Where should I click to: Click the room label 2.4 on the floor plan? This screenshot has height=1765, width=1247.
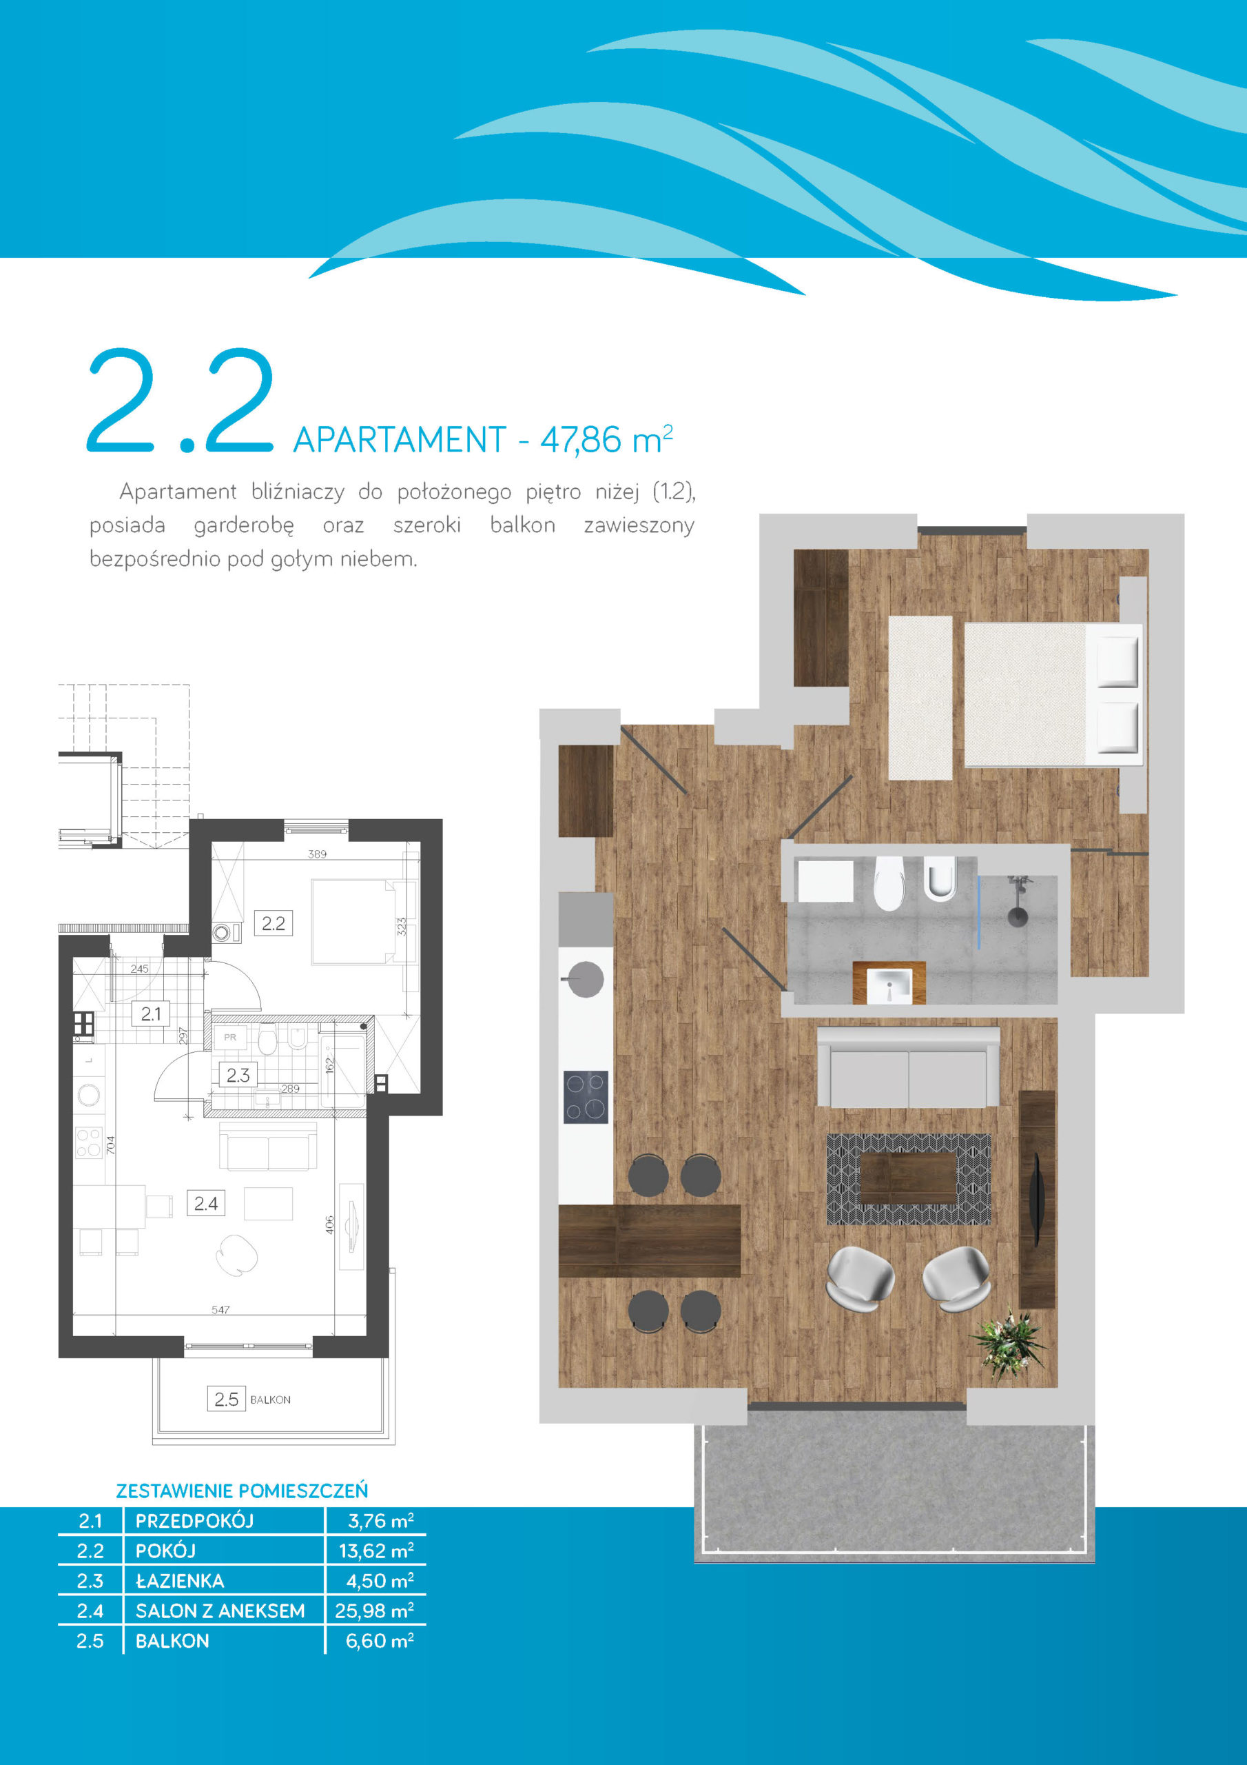click(206, 1203)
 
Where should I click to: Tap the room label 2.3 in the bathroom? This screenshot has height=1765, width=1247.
click(238, 1075)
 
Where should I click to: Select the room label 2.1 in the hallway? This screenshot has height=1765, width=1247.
click(151, 1014)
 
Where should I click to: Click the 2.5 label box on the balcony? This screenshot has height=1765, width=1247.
click(226, 1399)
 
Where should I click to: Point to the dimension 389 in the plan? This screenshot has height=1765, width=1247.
click(318, 854)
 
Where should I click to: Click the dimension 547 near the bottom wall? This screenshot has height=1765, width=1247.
click(220, 1310)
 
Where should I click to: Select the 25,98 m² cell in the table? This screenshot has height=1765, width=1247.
click(374, 1611)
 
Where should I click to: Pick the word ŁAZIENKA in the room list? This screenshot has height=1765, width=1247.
click(180, 1580)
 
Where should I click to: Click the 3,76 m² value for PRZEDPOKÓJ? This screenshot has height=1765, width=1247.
click(381, 1520)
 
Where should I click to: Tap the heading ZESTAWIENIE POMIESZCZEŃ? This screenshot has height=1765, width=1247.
click(242, 1491)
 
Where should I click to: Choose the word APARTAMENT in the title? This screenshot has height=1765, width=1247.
click(400, 441)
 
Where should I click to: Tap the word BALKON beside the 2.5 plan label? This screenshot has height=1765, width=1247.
click(271, 1400)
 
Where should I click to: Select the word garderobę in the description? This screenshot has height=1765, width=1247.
click(244, 526)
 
